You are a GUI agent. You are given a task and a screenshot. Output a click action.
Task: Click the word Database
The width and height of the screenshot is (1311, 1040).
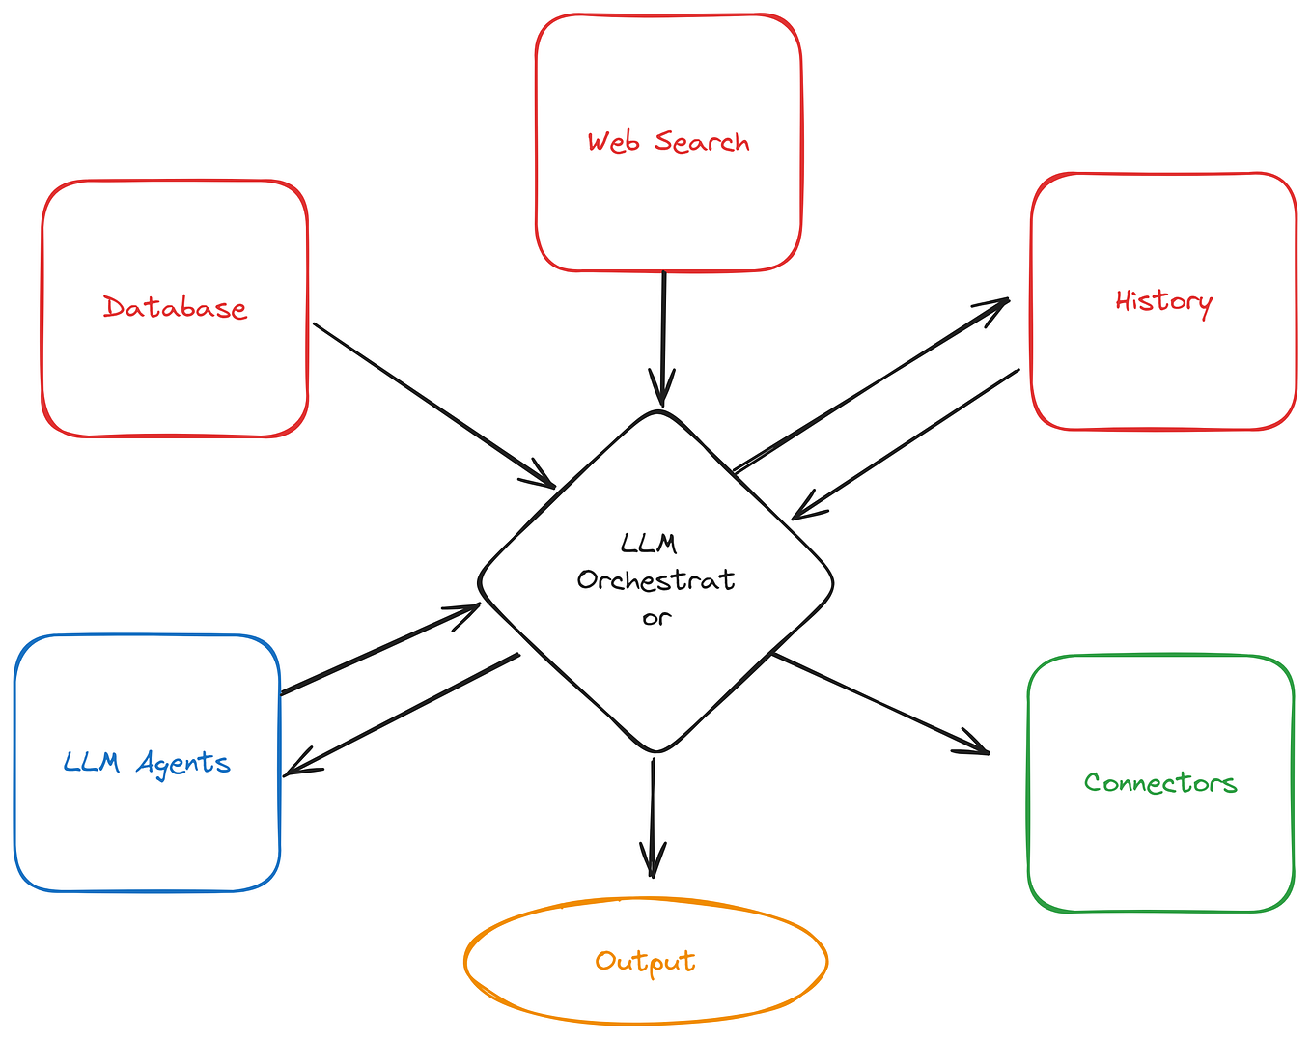(x=175, y=307)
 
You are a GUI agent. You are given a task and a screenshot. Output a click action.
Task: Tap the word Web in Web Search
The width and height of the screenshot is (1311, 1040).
(x=613, y=141)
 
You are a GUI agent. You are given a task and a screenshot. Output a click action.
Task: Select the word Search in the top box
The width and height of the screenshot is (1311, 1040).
(x=702, y=141)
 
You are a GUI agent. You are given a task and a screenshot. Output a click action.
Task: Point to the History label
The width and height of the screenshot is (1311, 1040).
(x=1163, y=303)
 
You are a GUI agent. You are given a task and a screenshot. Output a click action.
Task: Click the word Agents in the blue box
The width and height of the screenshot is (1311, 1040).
(x=182, y=763)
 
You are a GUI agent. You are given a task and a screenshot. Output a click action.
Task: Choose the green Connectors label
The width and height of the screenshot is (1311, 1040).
(x=1160, y=783)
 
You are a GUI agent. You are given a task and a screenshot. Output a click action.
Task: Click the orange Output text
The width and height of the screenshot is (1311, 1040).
(x=645, y=962)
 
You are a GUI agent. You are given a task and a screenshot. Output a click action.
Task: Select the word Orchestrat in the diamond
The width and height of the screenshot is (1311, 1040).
(x=656, y=579)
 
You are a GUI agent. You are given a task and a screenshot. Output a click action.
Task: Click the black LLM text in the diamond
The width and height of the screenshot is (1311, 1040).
(x=648, y=543)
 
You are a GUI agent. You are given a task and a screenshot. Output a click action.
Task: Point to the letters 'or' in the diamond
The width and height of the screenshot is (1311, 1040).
(x=656, y=619)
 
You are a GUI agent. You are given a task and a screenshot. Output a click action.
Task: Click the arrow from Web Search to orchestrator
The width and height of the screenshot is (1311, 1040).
(x=663, y=339)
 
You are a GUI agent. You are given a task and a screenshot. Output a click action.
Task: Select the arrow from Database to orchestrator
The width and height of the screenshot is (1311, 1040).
(x=434, y=406)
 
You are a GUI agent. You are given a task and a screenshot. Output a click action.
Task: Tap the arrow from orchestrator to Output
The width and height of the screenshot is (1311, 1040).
(x=653, y=818)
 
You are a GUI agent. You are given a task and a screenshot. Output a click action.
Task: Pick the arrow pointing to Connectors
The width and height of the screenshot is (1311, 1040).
(x=880, y=704)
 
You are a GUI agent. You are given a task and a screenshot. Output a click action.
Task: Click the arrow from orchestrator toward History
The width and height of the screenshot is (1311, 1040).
(x=872, y=385)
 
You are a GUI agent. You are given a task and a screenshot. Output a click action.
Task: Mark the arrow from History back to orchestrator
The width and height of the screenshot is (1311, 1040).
(x=906, y=444)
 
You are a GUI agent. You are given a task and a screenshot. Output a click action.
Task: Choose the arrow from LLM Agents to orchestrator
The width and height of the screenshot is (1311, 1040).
(x=380, y=649)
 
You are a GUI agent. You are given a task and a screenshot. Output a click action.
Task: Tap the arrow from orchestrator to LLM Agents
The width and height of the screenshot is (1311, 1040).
(x=402, y=716)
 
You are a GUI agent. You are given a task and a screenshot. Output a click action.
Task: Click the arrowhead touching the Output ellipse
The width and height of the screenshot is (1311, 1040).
(x=653, y=860)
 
